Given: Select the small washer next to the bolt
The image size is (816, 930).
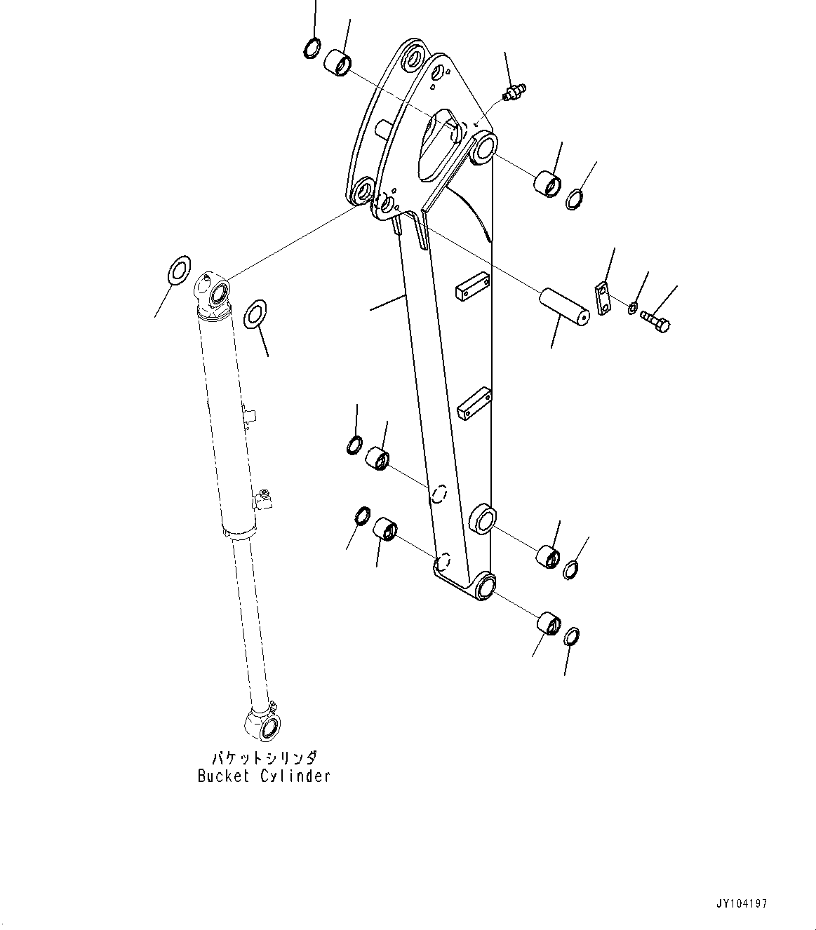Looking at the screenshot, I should tap(633, 306).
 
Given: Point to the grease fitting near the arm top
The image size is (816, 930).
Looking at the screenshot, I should tap(516, 91).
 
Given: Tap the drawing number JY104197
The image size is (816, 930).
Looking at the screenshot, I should tap(742, 903).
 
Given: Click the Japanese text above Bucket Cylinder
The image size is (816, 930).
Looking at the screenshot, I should tap(264, 758).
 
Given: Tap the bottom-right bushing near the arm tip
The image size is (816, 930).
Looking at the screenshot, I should tap(548, 623).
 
